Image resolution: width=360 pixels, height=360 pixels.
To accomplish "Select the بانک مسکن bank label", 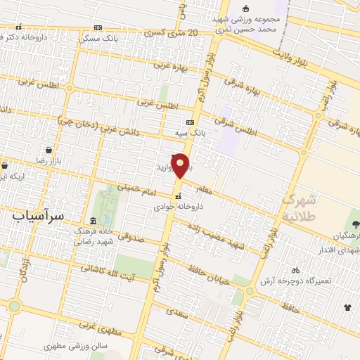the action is (x=77, y=37).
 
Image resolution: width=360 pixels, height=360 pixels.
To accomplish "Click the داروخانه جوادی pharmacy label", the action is (x=178, y=207).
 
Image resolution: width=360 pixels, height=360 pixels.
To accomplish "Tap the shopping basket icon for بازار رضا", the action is (x=48, y=150).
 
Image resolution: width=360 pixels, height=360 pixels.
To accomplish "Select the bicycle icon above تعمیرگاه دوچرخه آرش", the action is (x=295, y=269).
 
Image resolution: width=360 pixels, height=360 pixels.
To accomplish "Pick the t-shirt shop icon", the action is (x=347, y=307).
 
